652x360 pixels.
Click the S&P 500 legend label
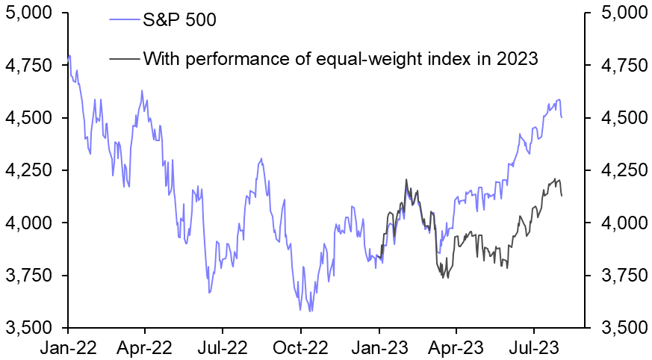point(179,20)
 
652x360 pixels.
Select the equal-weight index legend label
point(340,58)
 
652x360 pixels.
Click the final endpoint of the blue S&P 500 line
point(562,117)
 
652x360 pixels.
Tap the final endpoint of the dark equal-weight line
point(562,196)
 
